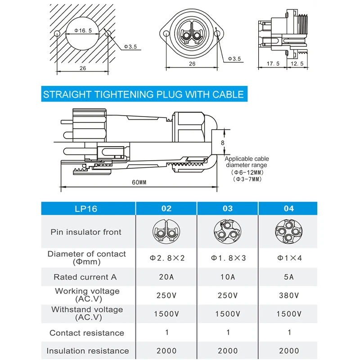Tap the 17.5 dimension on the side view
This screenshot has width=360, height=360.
273,64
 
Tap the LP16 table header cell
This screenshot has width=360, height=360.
85,208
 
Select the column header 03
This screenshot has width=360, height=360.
228,208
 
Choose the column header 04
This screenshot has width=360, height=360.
289,208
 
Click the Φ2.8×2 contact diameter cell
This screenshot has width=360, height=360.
166,258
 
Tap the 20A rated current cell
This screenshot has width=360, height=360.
166,277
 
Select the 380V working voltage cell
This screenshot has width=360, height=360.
289,296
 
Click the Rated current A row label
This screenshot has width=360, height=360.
85,277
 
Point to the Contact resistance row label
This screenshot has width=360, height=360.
87,333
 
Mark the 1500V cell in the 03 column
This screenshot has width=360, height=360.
228,314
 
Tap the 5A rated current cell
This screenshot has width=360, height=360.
289,277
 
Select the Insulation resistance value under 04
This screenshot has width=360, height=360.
289,351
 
